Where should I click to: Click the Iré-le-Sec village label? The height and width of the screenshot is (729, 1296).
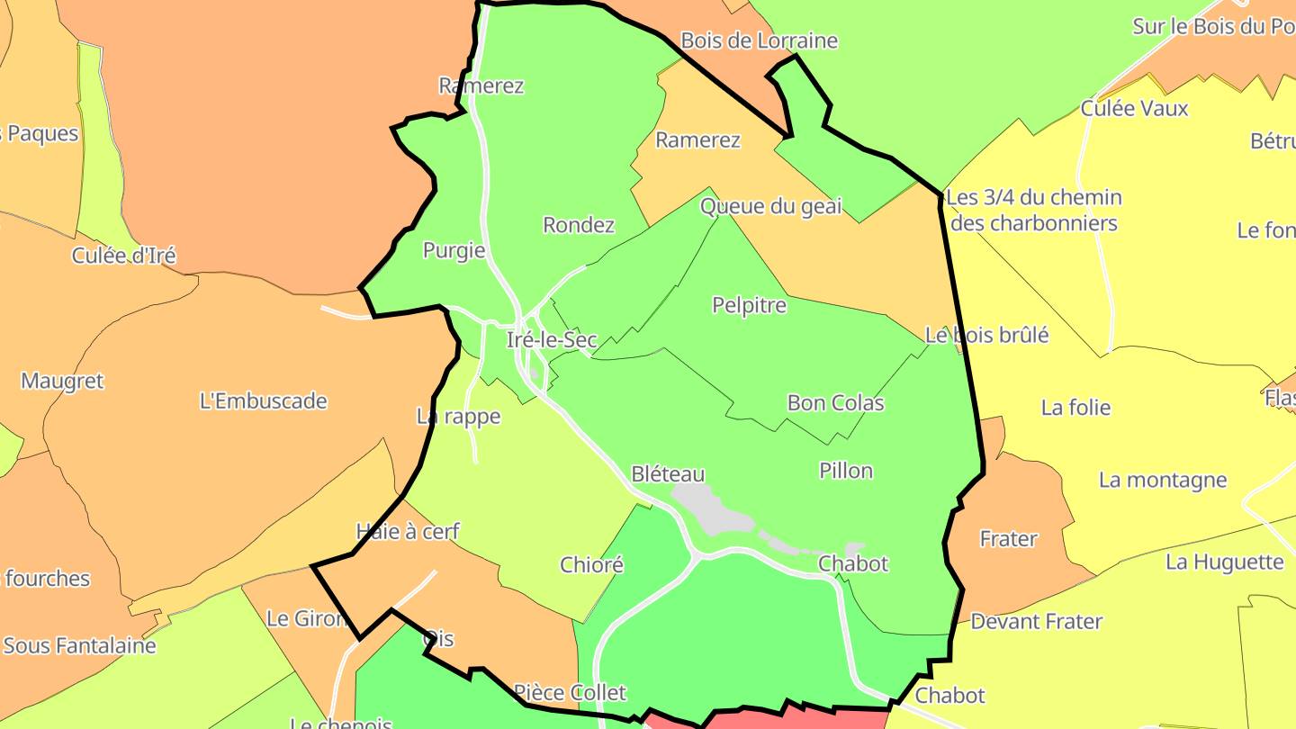pyautogui.click(x=552, y=340)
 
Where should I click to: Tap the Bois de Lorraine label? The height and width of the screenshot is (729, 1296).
pyautogui.click(x=759, y=40)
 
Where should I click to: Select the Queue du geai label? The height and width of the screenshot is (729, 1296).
pyautogui.click(x=770, y=206)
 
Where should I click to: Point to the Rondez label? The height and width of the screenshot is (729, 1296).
pyautogui.click(x=579, y=225)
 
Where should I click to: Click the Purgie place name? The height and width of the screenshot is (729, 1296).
pyautogui.click(x=454, y=251)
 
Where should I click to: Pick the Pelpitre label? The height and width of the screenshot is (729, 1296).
pyautogui.click(x=749, y=305)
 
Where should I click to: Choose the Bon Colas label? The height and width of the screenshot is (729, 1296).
pyautogui.click(x=835, y=402)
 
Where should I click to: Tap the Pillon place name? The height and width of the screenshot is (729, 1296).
pyautogui.click(x=846, y=471)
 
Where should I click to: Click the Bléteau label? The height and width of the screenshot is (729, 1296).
pyautogui.click(x=668, y=474)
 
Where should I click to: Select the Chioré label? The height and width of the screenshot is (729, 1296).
pyautogui.click(x=591, y=565)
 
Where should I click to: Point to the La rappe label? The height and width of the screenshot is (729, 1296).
pyautogui.click(x=458, y=417)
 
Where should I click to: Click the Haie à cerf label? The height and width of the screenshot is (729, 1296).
pyautogui.click(x=408, y=532)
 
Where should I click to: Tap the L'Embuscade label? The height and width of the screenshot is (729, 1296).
pyautogui.click(x=263, y=401)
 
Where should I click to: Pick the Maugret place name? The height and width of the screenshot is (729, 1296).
pyautogui.click(x=62, y=381)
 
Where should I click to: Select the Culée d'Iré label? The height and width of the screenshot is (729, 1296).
pyautogui.click(x=123, y=256)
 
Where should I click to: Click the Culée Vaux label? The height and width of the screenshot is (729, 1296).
pyautogui.click(x=1134, y=109)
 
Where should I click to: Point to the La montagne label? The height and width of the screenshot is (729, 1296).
pyautogui.click(x=1163, y=480)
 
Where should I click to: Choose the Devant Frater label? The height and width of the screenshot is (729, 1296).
pyautogui.click(x=1036, y=621)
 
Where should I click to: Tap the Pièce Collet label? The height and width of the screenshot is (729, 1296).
pyautogui.click(x=569, y=693)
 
